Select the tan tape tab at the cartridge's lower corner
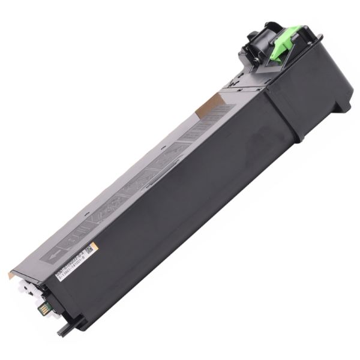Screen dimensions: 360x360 (x=12, y=274)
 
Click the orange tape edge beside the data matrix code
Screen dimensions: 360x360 (x=94, y=244)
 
